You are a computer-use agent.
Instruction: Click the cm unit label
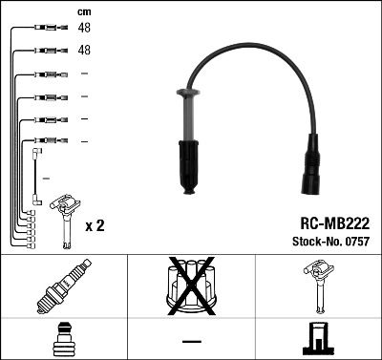(83, 11)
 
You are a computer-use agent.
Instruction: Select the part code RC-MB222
(328, 222)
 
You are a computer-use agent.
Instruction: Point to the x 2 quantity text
(95, 226)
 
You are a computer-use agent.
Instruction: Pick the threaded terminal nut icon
(64, 340)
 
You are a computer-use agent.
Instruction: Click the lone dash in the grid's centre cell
(191, 341)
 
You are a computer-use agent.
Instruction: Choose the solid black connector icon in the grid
(318, 341)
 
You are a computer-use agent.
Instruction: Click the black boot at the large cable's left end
(188, 167)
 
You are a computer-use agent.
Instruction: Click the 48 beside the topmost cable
(84, 28)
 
